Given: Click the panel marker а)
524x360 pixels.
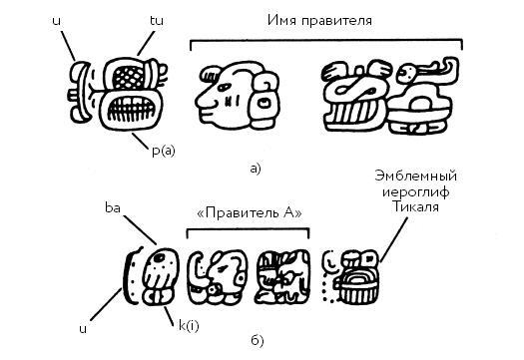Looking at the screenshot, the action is (258, 168).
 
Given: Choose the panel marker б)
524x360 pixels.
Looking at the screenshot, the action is (258, 342).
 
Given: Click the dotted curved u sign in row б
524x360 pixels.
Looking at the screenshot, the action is (128, 277).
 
